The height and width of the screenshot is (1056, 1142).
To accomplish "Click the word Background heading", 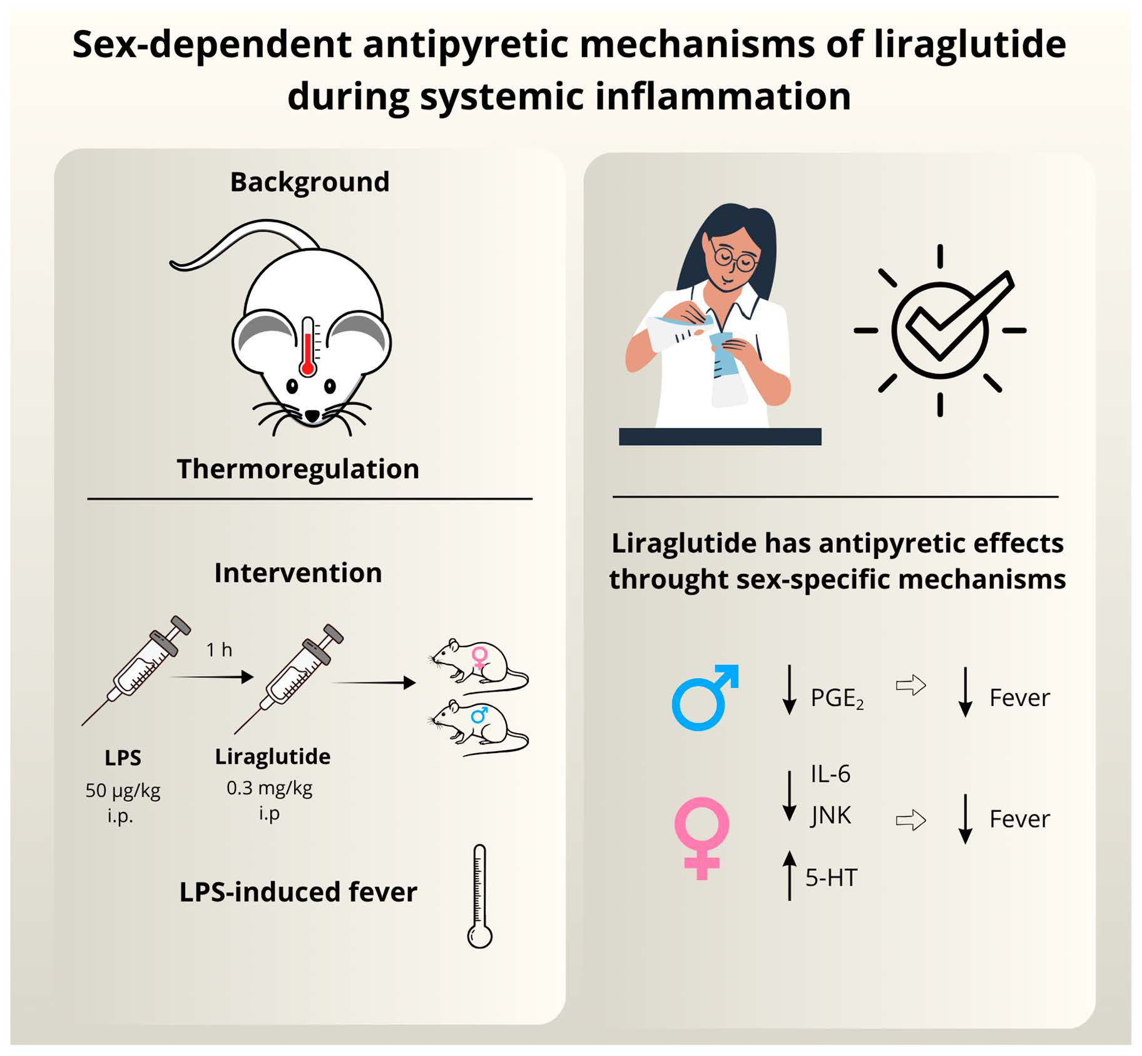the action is [x=310, y=182].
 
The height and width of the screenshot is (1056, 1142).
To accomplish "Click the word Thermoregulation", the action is [x=298, y=469].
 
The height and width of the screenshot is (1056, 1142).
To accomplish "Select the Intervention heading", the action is [x=298, y=573].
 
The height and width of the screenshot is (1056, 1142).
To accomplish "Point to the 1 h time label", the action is [x=219, y=650].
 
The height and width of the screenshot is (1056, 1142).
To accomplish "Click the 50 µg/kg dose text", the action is [x=123, y=791].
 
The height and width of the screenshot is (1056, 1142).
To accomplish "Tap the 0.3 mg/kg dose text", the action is [x=269, y=787].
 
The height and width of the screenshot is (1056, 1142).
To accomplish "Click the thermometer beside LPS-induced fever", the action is [x=480, y=896].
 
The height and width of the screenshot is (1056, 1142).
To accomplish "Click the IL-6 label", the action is [x=830, y=774].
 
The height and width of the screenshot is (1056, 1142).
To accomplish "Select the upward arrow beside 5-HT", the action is [x=790, y=875].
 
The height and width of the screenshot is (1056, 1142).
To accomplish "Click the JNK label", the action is [x=830, y=816].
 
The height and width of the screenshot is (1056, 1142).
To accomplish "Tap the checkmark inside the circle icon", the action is [x=951, y=316].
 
